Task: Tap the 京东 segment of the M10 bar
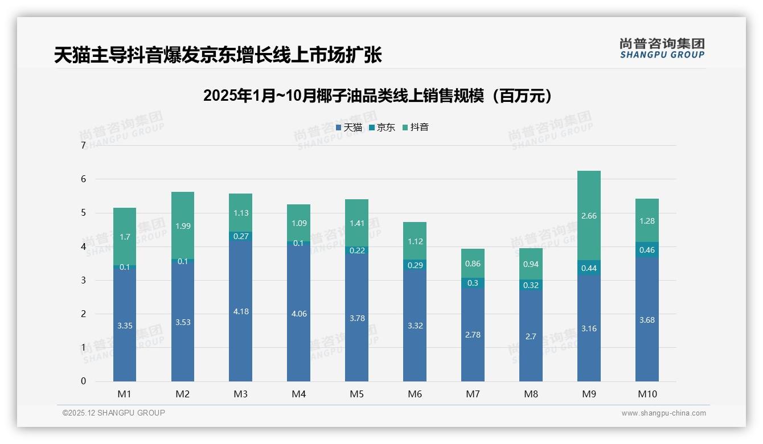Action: [647, 250]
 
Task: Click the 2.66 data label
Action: [589, 216]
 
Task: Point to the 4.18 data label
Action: [240, 312]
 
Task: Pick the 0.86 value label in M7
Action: [473, 264]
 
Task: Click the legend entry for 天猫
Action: [349, 128]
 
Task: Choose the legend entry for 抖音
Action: [416, 128]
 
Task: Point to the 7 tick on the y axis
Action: [83, 146]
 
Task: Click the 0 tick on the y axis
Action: [83, 381]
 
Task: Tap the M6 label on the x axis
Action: [415, 394]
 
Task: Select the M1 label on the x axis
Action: [124, 394]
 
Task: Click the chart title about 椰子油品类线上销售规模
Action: [378, 96]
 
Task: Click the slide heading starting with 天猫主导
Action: [218, 55]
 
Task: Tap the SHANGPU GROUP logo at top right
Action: [662, 48]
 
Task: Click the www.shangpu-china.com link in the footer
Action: [663, 413]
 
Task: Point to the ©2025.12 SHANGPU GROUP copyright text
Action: [114, 413]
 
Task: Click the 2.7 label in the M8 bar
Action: [531, 336]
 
